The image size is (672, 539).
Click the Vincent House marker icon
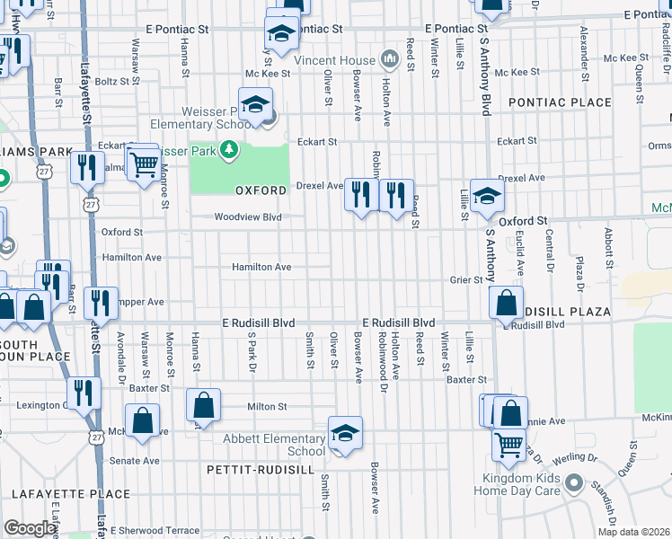pos(390,60)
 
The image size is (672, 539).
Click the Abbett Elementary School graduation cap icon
pos(345,434)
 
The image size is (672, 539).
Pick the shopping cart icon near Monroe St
pos(143,163)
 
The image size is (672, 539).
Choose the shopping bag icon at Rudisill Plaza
pos(507,304)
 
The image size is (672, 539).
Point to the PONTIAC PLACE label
pos(560,102)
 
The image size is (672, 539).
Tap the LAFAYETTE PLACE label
pos(71,493)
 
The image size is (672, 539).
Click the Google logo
pos(30,528)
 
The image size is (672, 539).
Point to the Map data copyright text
pos(632,532)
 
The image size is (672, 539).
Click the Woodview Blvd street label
pos(248,216)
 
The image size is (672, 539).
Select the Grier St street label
pos(466,279)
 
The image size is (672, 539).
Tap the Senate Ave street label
pos(134,460)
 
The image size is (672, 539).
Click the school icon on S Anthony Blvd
pos(486,196)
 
